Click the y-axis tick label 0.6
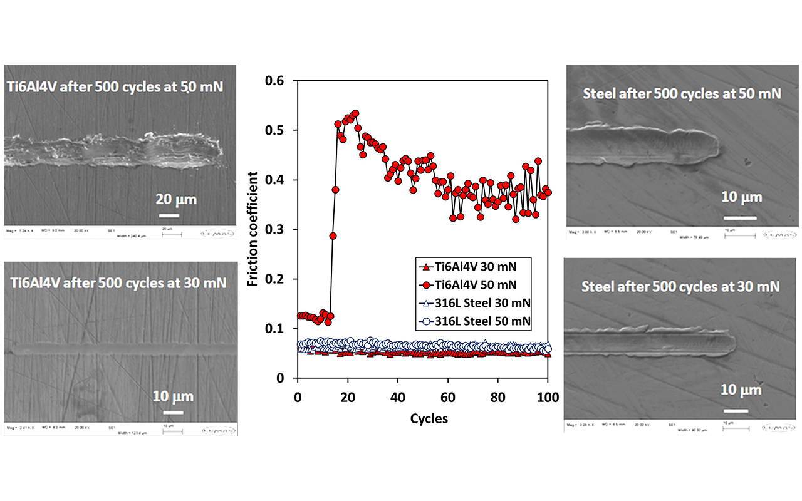coord(275,81)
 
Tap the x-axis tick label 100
coord(548,397)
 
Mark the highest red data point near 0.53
coord(355,114)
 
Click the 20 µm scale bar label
coord(176,200)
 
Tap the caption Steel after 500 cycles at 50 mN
coord(682,94)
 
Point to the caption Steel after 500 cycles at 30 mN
coord(680,287)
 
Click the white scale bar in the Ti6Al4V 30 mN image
coord(174,412)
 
